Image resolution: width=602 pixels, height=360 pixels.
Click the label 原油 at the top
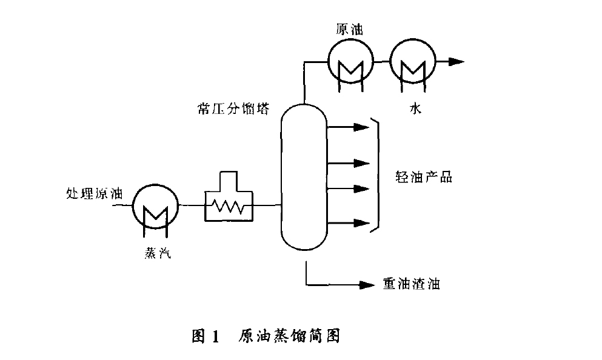(x=350, y=29)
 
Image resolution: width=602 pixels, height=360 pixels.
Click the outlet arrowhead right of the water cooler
(x=456, y=62)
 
